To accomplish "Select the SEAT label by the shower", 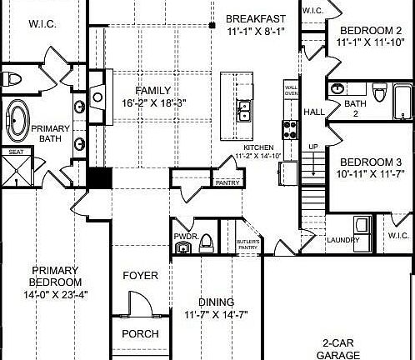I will (15, 152).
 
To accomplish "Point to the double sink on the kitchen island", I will (245, 109).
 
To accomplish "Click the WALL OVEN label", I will (292, 90).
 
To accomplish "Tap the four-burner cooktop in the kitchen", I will (292, 129).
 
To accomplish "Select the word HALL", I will (314, 112).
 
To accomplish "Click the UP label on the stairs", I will (314, 147).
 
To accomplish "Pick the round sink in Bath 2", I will (338, 89).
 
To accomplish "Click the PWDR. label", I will (184, 237).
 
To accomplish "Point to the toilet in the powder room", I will (207, 242).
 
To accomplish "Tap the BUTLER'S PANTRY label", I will (248, 244).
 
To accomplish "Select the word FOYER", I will (141, 275).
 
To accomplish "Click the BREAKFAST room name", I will (256, 18).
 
